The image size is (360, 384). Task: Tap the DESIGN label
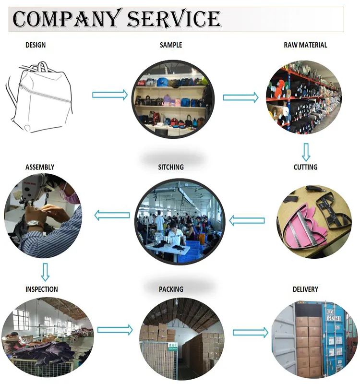[x=36, y=45]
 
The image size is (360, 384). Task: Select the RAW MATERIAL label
[x=305, y=45]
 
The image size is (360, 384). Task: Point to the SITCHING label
[x=171, y=167]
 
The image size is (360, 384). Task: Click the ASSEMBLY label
[x=40, y=167]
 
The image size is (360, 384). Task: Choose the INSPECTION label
[x=42, y=289]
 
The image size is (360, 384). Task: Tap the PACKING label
[x=171, y=289]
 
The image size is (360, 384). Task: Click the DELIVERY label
[x=305, y=289]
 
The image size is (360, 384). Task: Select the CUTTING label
[x=305, y=167]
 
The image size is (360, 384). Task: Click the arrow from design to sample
[x=110, y=95]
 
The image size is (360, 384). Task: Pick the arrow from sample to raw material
[x=240, y=97]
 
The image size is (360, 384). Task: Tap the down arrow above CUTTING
[x=306, y=152]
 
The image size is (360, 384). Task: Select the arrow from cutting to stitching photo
[x=247, y=221]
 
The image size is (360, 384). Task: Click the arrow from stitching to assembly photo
[x=112, y=216]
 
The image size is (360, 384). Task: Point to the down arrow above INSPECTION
[x=45, y=272]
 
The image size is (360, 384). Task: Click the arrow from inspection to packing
[x=115, y=330]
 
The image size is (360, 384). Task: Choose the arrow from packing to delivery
[x=250, y=332]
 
